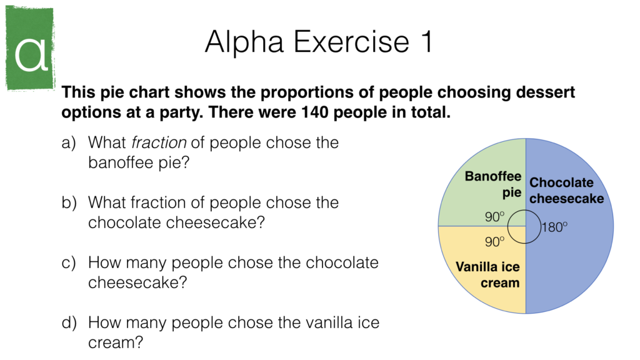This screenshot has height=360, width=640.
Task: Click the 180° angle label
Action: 554,227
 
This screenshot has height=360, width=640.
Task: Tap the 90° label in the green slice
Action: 494,216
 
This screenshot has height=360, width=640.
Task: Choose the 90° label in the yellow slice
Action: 494,241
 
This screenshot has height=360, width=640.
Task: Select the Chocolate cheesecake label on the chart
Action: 566,191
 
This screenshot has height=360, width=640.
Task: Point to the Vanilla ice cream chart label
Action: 487,275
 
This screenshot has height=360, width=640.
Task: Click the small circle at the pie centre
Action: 525,226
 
